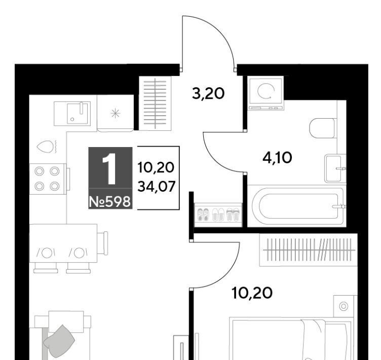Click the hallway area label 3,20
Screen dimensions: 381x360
click(208, 94)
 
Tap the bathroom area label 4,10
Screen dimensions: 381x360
click(277, 157)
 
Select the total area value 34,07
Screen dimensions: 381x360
click(156, 187)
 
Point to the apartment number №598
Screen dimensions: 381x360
click(110, 202)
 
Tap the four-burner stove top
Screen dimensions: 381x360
click(48, 179)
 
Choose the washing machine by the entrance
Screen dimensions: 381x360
click(265, 93)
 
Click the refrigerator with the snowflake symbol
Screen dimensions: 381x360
click(115, 113)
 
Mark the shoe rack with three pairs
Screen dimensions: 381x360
click(218, 214)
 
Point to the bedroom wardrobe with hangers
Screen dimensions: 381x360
click(309, 250)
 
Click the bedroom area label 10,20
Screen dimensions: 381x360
click(252, 293)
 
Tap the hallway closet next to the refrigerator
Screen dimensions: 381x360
click(155, 103)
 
